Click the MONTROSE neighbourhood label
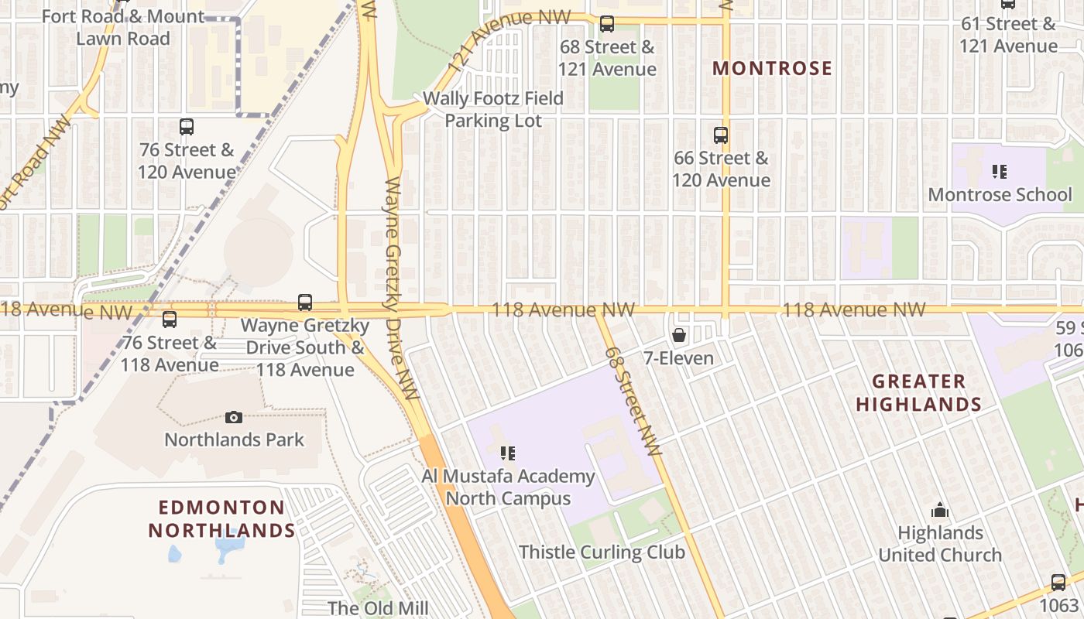(x=772, y=68)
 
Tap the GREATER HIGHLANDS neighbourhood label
(x=918, y=392)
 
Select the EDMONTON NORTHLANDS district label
(x=222, y=518)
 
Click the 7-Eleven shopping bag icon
(x=679, y=335)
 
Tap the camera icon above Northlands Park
(x=234, y=417)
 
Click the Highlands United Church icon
(x=940, y=510)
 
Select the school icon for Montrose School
(x=1000, y=171)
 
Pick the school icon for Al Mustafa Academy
(x=508, y=453)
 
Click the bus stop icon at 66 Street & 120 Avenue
(x=721, y=135)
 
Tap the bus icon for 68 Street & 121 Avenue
(x=607, y=24)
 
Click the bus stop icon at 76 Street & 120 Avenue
(x=187, y=127)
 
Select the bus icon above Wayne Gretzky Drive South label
(x=305, y=303)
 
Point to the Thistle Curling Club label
(x=602, y=552)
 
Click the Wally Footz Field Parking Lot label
(x=493, y=110)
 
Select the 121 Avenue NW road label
(x=509, y=43)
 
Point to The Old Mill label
(x=378, y=607)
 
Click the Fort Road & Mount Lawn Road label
(x=123, y=27)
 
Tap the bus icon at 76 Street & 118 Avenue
(x=170, y=319)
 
